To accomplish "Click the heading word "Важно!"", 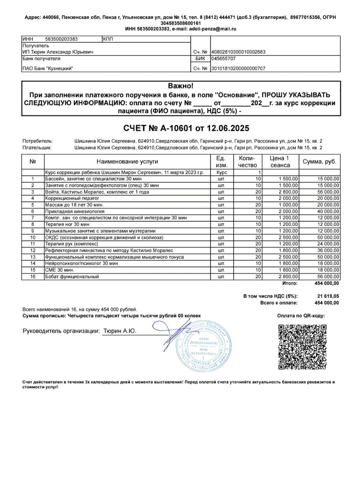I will coord(180,86).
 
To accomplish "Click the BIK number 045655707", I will coord(224,59).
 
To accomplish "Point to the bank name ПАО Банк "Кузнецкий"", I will coord(48,68).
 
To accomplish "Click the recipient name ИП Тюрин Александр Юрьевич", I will coord(58,52).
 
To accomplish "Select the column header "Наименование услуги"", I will coord(127,162).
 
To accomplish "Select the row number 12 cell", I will coord(33,250).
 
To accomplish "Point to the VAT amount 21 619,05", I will coord(327,296).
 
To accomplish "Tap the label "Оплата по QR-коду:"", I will coord(301,316).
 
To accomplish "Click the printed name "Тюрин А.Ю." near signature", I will coord(119,331).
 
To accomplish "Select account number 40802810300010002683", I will coord(238,52).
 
